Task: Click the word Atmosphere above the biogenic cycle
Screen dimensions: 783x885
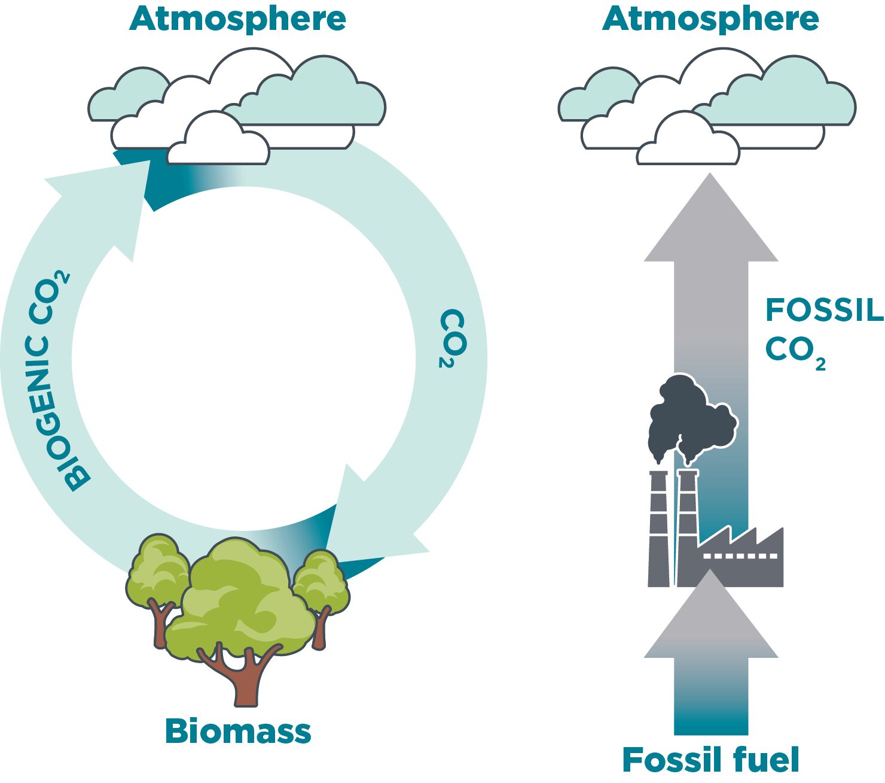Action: click(x=237, y=19)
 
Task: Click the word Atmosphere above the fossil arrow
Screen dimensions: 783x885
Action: click(x=710, y=19)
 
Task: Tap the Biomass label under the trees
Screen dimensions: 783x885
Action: click(x=238, y=731)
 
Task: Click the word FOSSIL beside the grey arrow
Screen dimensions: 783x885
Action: click(x=824, y=310)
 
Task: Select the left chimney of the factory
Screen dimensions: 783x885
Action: click(x=658, y=527)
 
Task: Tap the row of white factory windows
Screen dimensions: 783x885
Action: click(x=740, y=556)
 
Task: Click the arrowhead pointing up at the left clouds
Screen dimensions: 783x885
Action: click(x=108, y=198)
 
